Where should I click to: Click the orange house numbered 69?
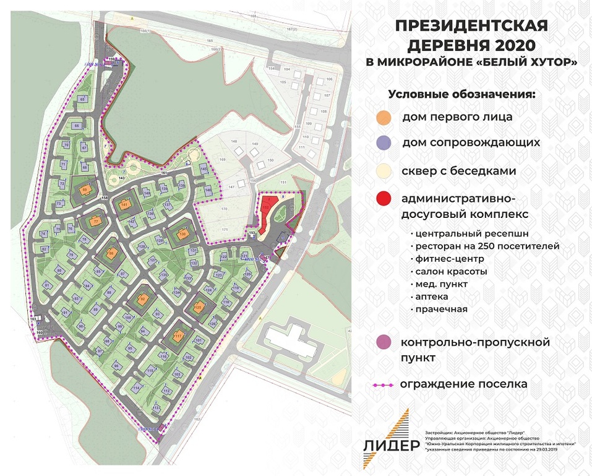pyautogui.click(x=85, y=190)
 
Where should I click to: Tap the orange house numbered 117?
pyautogui.click(x=178, y=336)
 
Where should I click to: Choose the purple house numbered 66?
pyautogui.click(x=77, y=126)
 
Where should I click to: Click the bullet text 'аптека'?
pyautogui.click(x=433, y=297)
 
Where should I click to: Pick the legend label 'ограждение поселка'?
pyautogui.click(x=463, y=384)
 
